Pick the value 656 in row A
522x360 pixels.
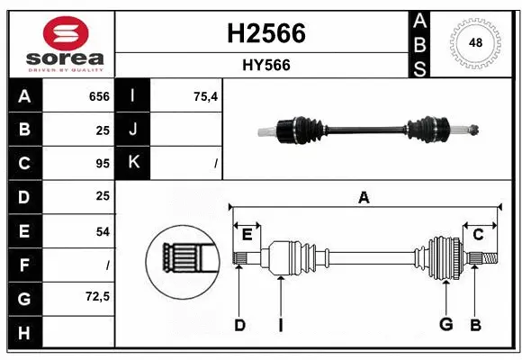98,96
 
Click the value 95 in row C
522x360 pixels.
102,164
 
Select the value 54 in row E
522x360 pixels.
102,231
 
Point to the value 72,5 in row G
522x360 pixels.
95,296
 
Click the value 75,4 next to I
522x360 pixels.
205,96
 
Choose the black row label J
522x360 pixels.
133,130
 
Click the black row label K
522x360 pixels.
133,163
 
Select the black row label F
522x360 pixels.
24,265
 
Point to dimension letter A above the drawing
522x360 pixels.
364,197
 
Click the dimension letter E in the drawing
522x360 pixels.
247,235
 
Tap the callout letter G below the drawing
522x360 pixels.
445,325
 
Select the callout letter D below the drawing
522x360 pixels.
239,325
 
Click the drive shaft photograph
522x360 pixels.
370,130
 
